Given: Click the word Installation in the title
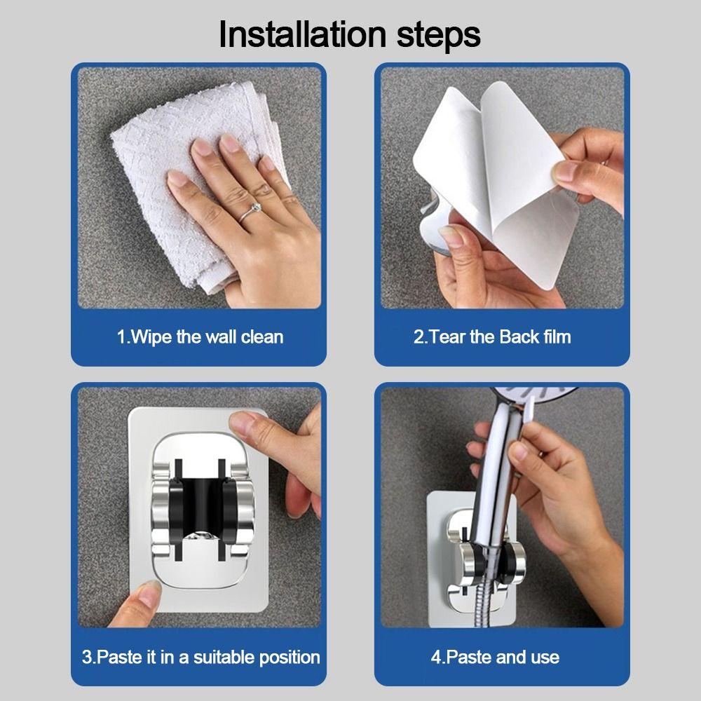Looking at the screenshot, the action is (302, 34).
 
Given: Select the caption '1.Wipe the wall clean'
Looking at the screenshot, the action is (200, 336).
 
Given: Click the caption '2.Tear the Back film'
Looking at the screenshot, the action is (492, 336).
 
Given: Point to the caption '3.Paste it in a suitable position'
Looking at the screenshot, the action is (200, 658).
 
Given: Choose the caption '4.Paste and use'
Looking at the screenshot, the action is (496, 658).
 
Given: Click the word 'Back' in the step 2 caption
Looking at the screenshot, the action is (519, 336).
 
